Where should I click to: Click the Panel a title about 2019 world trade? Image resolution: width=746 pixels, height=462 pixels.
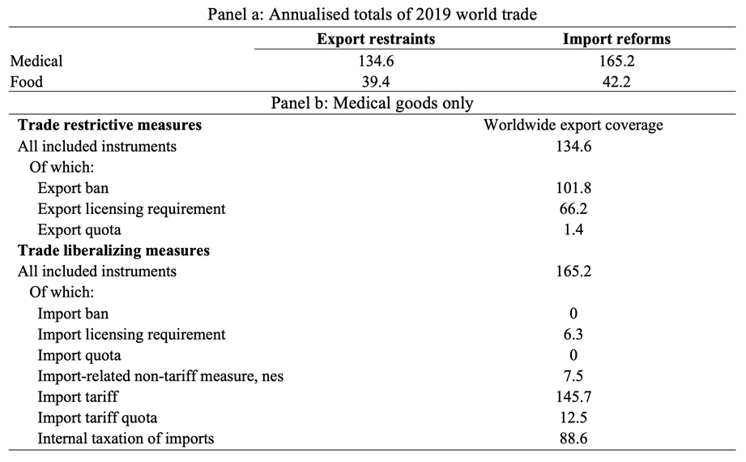373,14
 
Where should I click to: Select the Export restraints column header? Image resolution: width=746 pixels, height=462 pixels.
375,39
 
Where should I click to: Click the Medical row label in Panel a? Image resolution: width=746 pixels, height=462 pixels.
36,61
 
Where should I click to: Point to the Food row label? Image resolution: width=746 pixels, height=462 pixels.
28,82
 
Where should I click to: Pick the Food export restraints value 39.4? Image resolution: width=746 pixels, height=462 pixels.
375,82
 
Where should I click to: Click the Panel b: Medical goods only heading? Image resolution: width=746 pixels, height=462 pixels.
373,103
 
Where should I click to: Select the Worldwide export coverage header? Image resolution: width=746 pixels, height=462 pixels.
573,125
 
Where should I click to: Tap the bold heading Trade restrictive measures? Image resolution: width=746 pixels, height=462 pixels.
109,125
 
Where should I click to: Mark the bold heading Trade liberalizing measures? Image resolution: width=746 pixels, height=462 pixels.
113,250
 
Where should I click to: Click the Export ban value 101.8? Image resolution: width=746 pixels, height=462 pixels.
573,188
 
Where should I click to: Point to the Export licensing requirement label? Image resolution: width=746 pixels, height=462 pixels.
131,209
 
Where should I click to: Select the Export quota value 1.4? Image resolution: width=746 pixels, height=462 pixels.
573,230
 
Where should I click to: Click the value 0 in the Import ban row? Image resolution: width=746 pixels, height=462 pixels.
573,314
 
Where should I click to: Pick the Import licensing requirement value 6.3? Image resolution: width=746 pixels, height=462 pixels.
573,335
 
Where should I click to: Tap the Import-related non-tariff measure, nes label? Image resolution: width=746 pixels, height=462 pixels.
160,376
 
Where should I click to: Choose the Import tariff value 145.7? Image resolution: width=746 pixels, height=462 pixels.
573,397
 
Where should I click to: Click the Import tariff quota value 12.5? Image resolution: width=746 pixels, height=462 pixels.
573,418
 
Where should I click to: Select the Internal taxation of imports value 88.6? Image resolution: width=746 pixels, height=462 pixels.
573,439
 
